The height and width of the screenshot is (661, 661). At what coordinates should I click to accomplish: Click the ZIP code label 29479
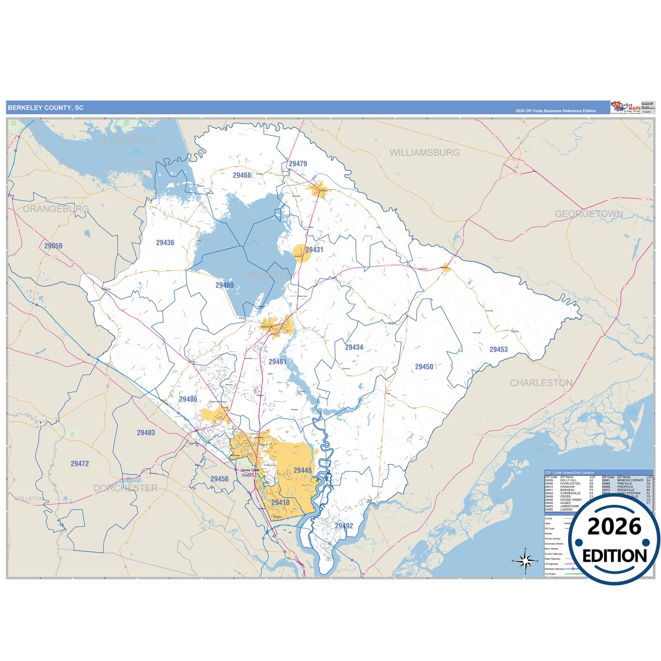[298, 164]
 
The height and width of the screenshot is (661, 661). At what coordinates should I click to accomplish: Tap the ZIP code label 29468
[242, 175]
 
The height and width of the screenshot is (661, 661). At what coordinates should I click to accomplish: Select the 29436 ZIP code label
[165, 243]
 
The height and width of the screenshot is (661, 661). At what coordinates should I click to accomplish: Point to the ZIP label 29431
[314, 250]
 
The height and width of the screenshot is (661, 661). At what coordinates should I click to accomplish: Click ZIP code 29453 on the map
[499, 349]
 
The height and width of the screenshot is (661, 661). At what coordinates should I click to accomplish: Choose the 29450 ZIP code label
[424, 367]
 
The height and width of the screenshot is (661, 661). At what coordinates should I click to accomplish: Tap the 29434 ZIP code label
[354, 348]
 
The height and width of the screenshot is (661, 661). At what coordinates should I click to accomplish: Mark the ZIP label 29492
[344, 526]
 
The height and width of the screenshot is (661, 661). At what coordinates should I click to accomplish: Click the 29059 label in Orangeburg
[53, 246]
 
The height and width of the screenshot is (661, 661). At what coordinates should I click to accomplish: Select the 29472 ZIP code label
[80, 464]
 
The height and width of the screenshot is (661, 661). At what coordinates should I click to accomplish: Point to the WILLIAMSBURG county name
[425, 153]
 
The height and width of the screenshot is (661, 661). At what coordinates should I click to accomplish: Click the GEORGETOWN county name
[589, 214]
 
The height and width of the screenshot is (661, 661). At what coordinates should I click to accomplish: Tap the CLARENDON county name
[125, 140]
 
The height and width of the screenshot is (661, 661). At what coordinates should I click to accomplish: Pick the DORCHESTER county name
[125, 489]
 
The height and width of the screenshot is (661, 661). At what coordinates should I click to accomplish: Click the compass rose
[526, 560]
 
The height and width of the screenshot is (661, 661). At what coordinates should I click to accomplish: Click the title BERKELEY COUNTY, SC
[46, 108]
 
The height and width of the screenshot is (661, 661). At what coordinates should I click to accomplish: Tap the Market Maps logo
[626, 107]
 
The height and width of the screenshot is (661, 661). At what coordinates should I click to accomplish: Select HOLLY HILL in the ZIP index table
[568, 480]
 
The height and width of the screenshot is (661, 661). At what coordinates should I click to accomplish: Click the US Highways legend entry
[552, 564]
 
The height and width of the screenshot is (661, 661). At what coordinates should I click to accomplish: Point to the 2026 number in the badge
[614, 527]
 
